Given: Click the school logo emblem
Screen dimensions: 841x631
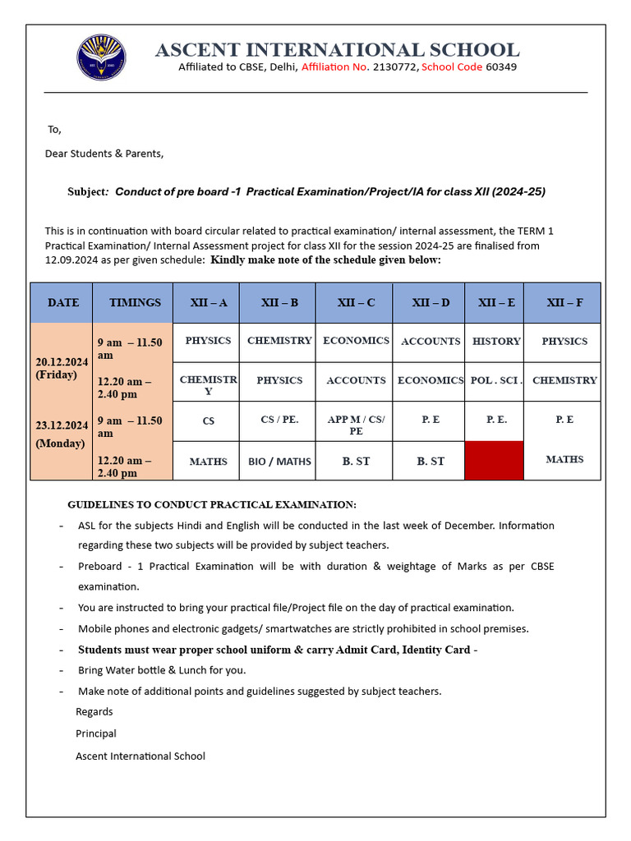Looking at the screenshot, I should (x=101, y=57).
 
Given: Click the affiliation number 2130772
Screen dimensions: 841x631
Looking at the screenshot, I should (x=395, y=67).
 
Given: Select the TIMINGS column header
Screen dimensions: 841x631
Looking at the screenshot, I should (x=135, y=302).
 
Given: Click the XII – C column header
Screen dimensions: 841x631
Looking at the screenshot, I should (x=356, y=302).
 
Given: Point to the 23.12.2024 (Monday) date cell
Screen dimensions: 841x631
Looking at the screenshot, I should (x=62, y=434).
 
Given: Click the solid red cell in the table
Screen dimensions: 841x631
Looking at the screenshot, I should (x=494, y=461).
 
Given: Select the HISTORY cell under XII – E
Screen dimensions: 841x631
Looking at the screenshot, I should (x=496, y=341).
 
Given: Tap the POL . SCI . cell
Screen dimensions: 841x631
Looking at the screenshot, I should (x=495, y=380).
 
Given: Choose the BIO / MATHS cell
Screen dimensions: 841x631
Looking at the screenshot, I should (x=279, y=462).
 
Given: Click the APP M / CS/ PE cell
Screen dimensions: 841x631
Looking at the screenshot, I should (x=356, y=425).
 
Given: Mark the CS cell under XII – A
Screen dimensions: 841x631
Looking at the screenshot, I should (x=209, y=420).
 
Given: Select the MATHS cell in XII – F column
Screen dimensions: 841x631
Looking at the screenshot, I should (x=564, y=460).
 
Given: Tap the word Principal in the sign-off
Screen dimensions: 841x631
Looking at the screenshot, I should (x=96, y=733).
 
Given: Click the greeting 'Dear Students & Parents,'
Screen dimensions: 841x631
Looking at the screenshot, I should (x=104, y=154).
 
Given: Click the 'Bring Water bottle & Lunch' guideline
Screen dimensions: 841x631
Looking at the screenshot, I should (x=162, y=669).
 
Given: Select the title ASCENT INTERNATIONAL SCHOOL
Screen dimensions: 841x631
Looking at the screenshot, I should (x=337, y=50).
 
